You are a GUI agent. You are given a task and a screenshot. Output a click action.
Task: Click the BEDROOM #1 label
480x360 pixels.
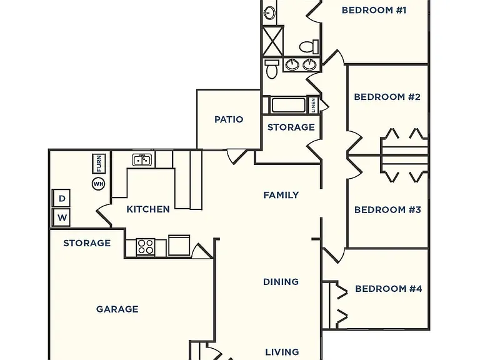click(374, 10)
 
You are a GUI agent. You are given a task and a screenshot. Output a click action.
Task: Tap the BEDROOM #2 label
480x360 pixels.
click(387, 97)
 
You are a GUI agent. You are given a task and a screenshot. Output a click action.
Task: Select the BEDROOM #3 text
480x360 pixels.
click(387, 210)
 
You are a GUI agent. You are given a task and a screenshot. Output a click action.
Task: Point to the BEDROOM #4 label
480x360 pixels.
click(389, 289)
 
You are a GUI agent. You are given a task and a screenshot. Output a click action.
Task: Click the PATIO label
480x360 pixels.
click(229, 119)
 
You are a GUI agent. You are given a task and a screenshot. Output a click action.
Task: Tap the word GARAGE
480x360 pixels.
click(117, 309)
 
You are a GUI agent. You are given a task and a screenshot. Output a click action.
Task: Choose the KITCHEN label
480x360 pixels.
click(148, 209)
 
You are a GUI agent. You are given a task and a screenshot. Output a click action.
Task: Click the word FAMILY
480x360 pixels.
click(281, 195)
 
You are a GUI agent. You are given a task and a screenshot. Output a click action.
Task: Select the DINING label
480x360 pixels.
click(281, 282)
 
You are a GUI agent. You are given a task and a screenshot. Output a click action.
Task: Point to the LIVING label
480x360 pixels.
click(282, 352)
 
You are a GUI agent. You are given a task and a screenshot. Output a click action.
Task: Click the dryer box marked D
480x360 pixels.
click(61, 198)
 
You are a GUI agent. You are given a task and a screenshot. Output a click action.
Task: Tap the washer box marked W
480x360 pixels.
click(61, 217)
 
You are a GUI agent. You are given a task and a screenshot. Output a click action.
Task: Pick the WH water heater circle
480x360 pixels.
click(98, 184)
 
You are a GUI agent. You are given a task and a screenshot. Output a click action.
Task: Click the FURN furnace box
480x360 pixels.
click(99, 164)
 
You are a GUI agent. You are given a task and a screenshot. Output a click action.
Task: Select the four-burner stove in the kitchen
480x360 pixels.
click(146, 247)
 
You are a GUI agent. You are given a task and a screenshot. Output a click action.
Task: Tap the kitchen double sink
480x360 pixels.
click(142, 160)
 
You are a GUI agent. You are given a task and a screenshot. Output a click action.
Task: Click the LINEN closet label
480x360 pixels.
click(314, 105)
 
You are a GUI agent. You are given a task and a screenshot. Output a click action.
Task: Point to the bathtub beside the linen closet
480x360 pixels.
click(288, 105)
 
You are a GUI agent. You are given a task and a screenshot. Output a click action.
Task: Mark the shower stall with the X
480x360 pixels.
click(272, 41)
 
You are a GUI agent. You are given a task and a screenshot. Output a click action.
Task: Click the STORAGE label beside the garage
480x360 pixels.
click(87, 243)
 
